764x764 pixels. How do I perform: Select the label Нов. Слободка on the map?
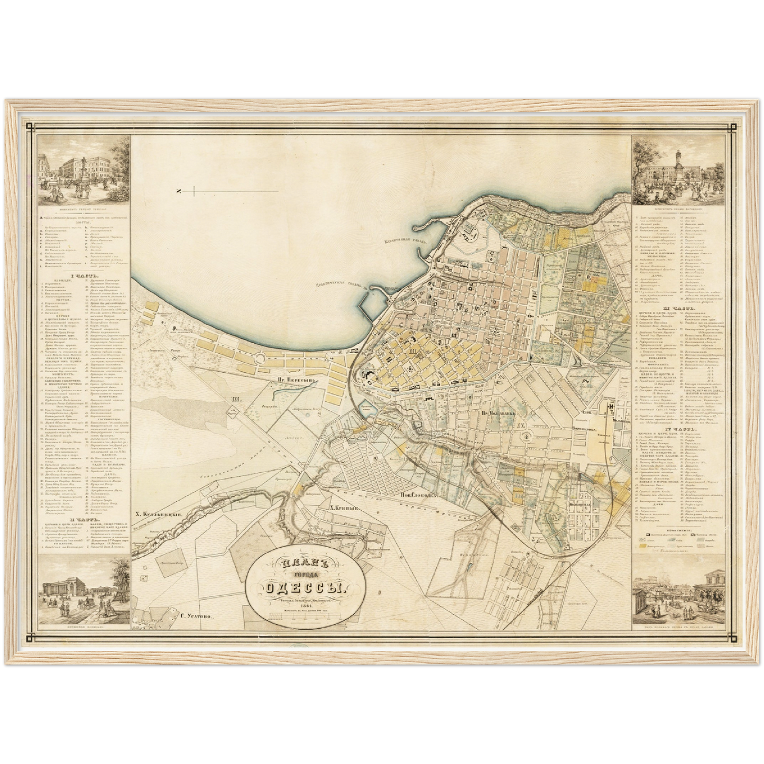point(418,495)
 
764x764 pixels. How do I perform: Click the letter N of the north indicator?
point(180,191)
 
